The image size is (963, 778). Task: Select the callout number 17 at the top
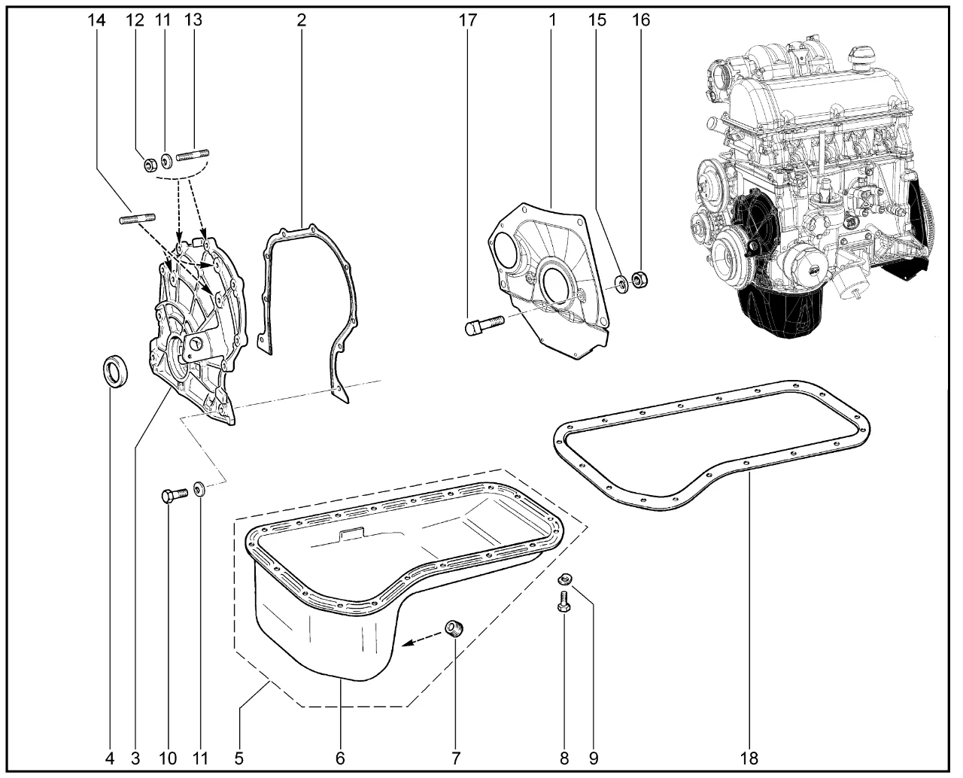click(468, 20)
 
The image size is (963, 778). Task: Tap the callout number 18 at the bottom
click(751, 756)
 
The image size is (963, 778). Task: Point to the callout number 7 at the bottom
click(455, 756)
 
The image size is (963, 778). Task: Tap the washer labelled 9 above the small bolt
click(566, 579)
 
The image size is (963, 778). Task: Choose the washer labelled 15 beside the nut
click(621, 284)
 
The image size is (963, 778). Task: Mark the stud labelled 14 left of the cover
click(137, 219)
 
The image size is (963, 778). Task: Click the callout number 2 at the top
click(301, 20)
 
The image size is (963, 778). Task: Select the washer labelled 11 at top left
click(168, 160)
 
